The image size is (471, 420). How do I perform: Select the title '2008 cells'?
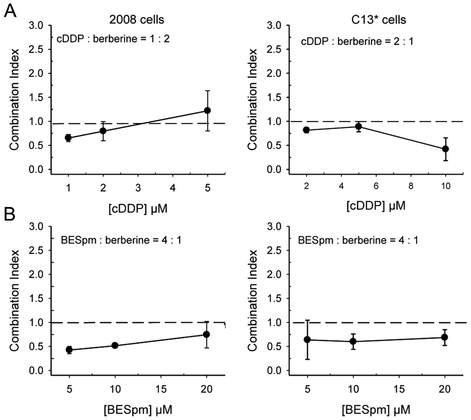click(x=137, y=20)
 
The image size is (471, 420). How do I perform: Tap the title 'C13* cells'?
click(x=379, y=20)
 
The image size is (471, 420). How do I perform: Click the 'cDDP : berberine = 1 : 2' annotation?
click(x=113, y=39)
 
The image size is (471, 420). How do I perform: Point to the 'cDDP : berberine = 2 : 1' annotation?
click(x=357, y=41)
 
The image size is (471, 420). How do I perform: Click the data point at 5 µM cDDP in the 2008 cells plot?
click(x=207, y=111)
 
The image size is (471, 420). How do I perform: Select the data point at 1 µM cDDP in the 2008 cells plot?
click(x=68, y=138)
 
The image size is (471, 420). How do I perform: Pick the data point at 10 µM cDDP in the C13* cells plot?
click(x=445, y=149)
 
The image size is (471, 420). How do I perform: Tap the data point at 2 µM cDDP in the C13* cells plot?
click(x=306, y=130)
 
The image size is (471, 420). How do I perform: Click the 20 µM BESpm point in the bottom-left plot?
click(x=207, y=335)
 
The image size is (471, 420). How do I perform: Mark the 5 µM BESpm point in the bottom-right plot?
click(x=307, y=340)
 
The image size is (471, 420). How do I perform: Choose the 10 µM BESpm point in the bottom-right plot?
click(x=353, y=341)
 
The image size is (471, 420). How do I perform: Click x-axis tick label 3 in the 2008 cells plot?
click(x=138, y=188)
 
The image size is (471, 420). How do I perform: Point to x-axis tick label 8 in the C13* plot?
click(x=411, y=186)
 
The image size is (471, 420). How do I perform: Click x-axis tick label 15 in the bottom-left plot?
click(x=161, y=389)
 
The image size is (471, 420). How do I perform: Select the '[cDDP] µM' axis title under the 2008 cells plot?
click(x=138, y=209)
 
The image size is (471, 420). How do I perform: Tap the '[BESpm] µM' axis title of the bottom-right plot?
click(x=376, y=410)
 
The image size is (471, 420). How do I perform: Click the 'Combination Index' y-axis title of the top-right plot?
click(x=252, y=99)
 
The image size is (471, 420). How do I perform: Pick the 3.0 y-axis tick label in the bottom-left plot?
click(x=36, y=226)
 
